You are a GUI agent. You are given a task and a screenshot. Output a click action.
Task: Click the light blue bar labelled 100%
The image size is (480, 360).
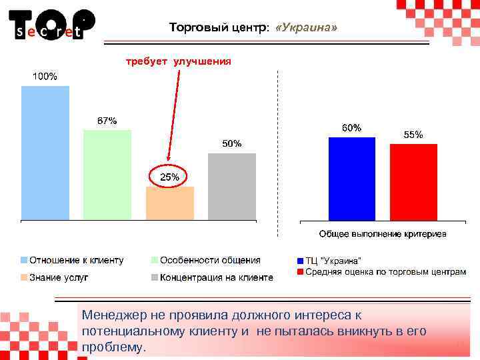tap(45, 153)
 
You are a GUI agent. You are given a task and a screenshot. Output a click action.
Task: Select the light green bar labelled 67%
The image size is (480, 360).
tap(107, 175)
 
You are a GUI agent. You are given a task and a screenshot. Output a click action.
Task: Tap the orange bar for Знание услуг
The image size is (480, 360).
tap(170, 203)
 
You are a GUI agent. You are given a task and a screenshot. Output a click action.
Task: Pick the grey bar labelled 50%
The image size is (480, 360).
tap(232, 186)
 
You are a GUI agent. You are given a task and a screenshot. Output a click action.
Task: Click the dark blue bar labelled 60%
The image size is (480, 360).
tap(352, 178)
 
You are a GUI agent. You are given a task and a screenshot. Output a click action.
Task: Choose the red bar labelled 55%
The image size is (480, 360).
tap(413, 181)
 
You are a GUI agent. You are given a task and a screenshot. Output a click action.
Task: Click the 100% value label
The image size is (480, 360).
tap(45, 77)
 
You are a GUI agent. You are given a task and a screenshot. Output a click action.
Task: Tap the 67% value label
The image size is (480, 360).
tap(107, 121)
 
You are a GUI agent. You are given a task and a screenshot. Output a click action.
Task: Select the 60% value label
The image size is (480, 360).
tap(352, 127)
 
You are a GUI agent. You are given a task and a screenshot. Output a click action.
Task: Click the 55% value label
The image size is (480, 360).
tap(413, 134)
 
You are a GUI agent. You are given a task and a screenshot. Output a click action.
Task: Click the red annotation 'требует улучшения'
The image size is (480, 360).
tap(179, 61)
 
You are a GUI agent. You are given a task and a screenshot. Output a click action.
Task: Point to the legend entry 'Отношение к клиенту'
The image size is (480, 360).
tap(75, 261)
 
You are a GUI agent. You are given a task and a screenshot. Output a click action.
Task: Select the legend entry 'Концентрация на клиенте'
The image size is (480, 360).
tap(216, 277)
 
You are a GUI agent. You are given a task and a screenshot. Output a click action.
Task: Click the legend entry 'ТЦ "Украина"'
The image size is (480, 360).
tap(333, 261)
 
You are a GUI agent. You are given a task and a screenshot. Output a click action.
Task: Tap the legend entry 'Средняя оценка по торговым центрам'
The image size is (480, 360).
tap(385, 273)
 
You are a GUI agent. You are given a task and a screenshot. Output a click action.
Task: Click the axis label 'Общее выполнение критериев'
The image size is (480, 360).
tap(383, 234)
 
